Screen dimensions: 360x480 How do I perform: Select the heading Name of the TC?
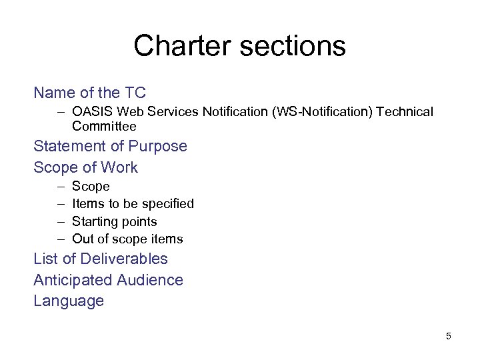(89, 93)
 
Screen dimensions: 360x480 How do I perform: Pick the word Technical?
(405, 112)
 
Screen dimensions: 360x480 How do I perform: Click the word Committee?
(104, 126)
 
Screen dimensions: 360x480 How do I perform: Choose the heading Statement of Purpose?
(110, 146)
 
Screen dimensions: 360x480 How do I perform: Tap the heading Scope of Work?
(85, 167)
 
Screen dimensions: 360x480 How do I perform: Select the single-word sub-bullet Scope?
(91, 187)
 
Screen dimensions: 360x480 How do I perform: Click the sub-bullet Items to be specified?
(133, 204)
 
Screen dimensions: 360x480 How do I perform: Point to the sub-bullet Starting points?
(114, 221)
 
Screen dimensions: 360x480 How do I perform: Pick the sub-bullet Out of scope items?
(127, 239)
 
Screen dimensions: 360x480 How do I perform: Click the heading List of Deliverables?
(101, 259)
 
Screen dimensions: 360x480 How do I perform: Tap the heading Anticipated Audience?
(108, 280)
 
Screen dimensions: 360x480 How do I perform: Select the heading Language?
(69, 301)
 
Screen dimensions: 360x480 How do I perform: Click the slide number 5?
(449, 336)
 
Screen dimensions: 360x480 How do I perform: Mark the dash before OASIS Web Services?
(61, 112)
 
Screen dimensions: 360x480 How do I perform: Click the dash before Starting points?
(61, 221)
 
